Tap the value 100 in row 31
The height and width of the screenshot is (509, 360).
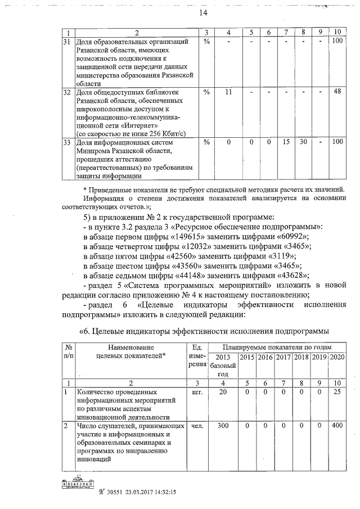[x=337, y=41]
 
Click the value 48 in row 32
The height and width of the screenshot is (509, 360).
[x=337, y=92]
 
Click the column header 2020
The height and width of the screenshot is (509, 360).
[x=337, y=357]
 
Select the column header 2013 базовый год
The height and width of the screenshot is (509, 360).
[x=223, y=366]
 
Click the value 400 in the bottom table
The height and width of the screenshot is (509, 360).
[x=337, y=426]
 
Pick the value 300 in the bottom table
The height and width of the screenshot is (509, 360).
[x=223, y=426]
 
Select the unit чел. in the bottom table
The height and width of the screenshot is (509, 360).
[x=197, y=426]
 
